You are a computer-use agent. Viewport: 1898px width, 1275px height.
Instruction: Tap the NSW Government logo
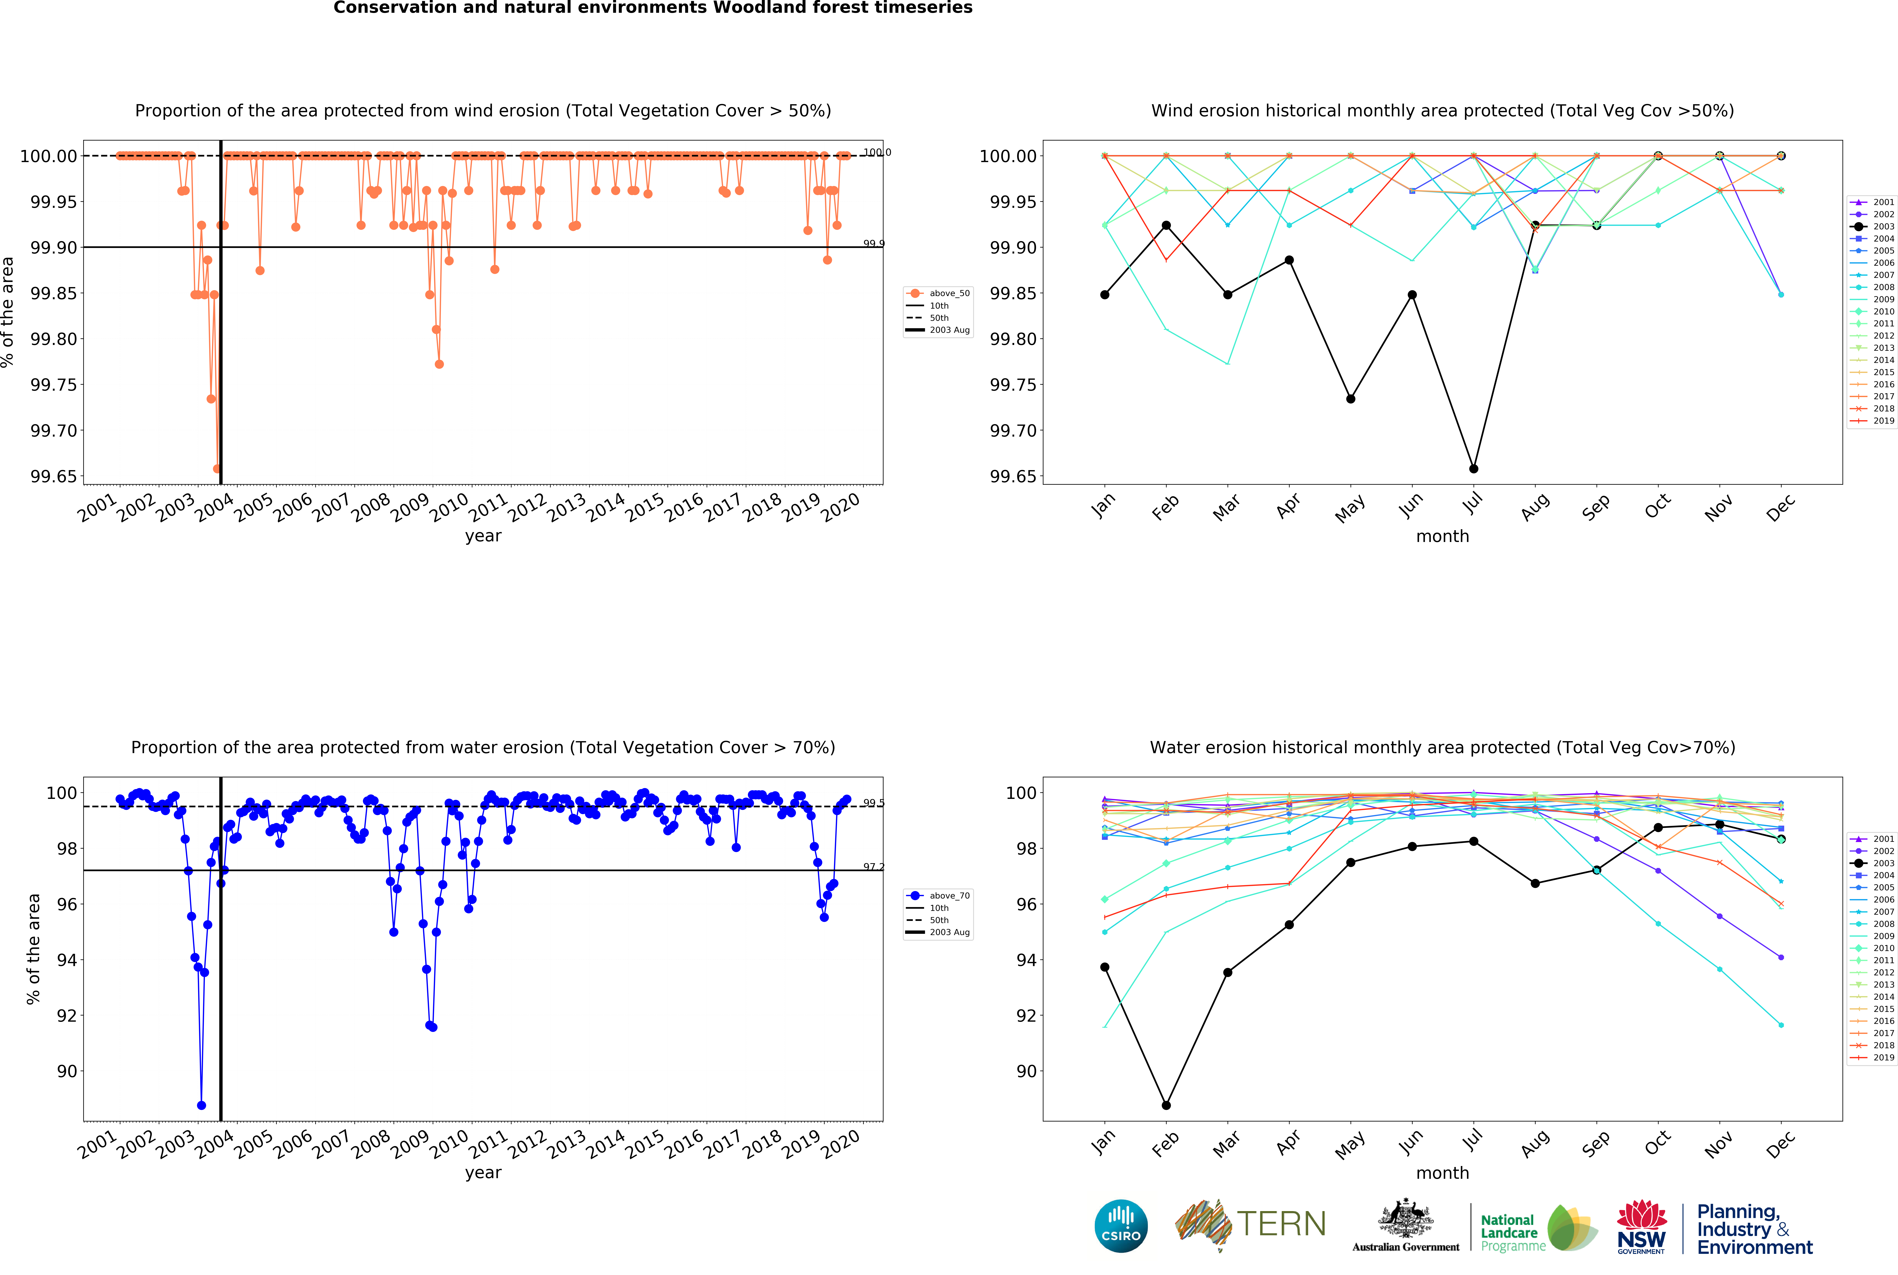[x=1641, y=1226]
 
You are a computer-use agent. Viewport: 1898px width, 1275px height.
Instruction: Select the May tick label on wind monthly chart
[x=1350, y=508]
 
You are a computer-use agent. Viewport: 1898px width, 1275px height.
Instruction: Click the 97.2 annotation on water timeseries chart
[x=873, y=867]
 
